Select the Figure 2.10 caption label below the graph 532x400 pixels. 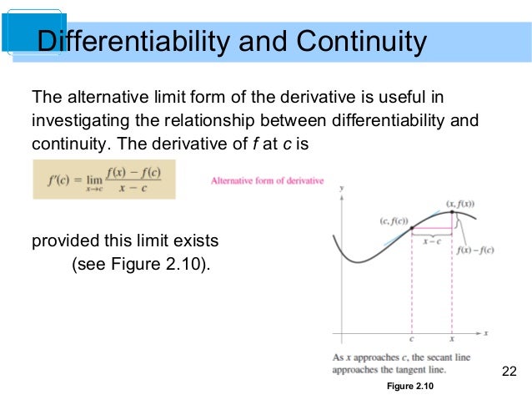click(410, 387)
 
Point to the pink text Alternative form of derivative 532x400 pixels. click(267, 180)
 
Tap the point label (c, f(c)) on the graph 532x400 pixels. click(391, 220)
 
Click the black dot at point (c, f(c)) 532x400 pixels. click(413, 229)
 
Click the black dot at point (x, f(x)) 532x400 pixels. click(452, 212)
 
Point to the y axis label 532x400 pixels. click(342, 190)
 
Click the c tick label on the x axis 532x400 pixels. click(413, 341)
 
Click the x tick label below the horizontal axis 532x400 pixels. click(452, 341)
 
